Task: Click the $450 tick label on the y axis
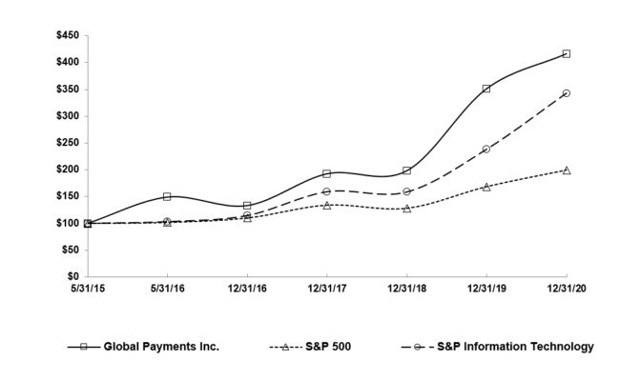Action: click(68, 35)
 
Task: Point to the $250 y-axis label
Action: click(68, 143)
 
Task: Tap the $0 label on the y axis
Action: click(73, 277)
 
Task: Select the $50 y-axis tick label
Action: click(71, 250)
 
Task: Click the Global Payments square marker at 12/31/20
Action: click(567, 54)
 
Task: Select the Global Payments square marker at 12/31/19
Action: click(486, 89)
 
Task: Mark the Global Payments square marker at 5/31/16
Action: click(167, 197)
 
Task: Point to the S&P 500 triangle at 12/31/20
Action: click(567, 170)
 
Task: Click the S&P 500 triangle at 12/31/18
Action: click(407, 208)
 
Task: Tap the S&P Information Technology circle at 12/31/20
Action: click(567, 93)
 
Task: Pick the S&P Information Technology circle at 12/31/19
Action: click(486, 150)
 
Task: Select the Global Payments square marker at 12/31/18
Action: click(407, 170)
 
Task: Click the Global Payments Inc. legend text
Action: click(161, 347)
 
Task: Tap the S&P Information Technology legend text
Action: click(515, 347)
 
